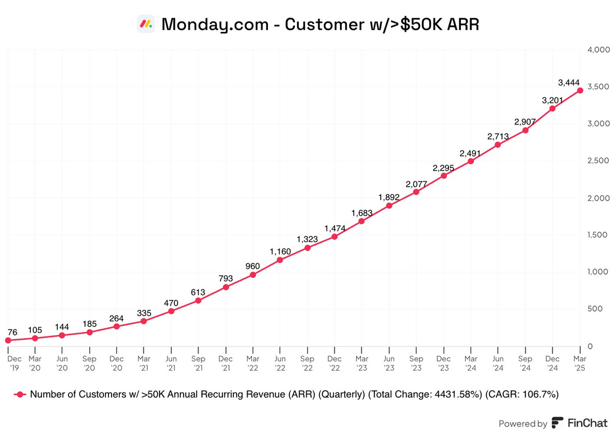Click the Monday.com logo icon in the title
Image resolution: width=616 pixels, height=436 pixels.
[x=145, y=24]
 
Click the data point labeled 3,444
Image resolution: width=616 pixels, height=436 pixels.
[x=580, y=91]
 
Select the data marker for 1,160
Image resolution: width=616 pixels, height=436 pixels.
[x=280, y=260]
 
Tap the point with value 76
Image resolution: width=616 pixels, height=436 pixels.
[x=8, y=340]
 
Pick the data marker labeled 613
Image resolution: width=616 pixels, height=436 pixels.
[x=198, y=301]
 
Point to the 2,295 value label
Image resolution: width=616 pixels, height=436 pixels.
[x=444, y=168]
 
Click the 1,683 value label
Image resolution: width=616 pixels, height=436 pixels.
[x=362, y=213]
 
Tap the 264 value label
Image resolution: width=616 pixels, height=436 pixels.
[x=116, y=318]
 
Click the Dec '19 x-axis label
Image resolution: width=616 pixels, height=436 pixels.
[x=14, y=363]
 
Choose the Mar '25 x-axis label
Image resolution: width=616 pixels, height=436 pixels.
[x=580, y=363]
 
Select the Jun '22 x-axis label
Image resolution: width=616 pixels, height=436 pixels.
[x=280, y=363]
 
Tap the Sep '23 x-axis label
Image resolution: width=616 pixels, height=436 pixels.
[x=416, y=363]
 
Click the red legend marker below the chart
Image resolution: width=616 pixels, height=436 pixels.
[x=20, y=395]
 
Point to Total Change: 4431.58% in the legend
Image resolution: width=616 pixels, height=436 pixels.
[x=423, y=395]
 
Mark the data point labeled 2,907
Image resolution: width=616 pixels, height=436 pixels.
[x=525, y=130]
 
